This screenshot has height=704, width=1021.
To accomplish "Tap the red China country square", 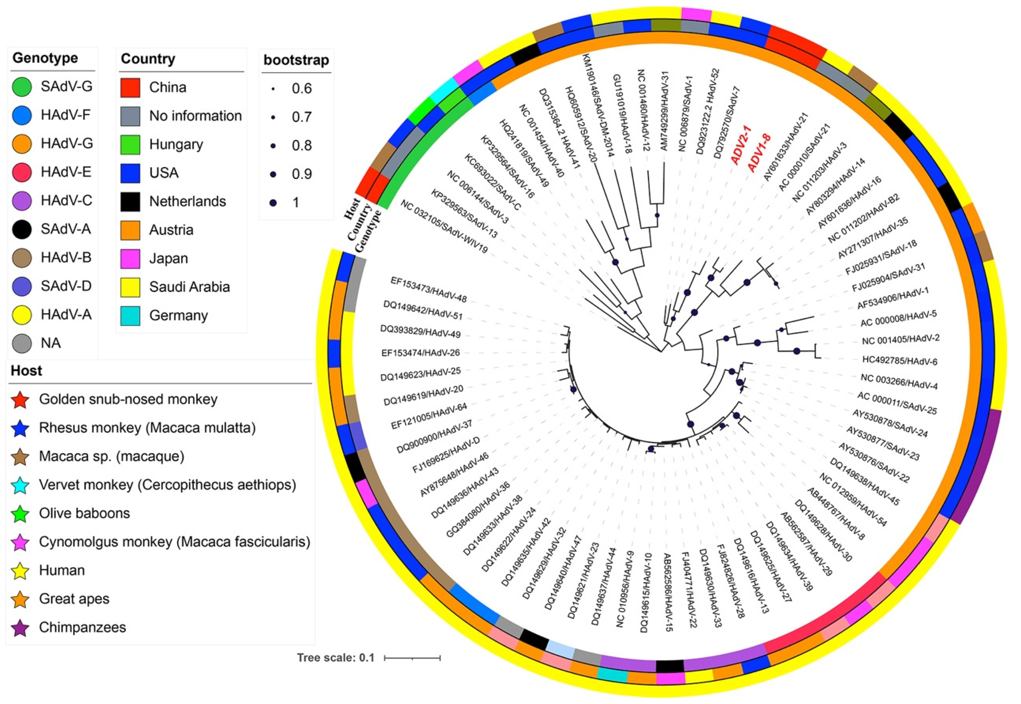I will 130,87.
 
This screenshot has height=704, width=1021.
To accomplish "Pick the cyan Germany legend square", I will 130,316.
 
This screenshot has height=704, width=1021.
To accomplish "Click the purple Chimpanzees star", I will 21,628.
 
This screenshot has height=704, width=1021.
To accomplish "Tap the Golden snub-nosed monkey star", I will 21,400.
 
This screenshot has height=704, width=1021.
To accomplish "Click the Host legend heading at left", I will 26,370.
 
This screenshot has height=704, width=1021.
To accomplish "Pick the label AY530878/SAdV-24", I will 890,423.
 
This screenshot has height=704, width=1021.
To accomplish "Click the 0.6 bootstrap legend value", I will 302,89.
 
